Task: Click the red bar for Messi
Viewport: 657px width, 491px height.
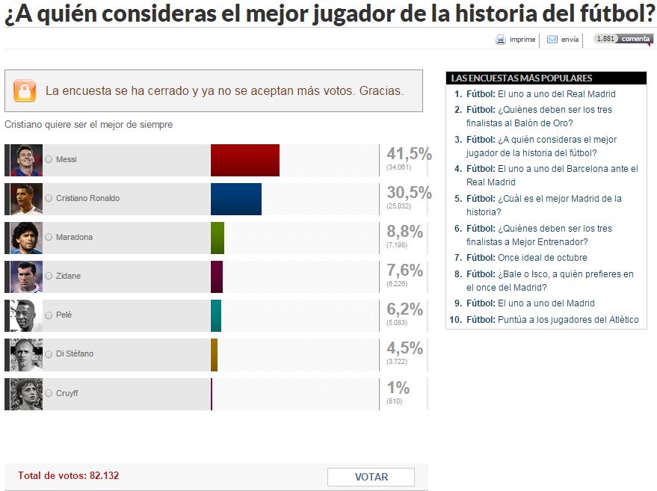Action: click(x=244, y=160)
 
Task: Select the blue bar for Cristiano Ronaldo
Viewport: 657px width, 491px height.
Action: click(x=235, y=199)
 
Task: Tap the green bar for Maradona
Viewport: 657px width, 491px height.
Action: click(x=218, y=238)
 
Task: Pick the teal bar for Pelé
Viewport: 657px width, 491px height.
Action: click(x=216, y=315)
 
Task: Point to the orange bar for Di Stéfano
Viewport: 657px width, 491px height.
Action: click(x=214, y=354)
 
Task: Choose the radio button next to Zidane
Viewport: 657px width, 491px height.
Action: click(x=49, y=277)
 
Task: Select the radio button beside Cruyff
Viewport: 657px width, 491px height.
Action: click(x=49, y=393)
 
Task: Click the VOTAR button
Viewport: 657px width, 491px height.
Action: click(x=371, y=477)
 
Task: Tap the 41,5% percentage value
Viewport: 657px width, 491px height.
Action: click(x=409, y=154)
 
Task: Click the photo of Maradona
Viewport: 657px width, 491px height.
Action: click(x=26, y=238)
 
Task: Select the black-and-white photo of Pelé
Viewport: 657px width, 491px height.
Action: click(x=26, y=315)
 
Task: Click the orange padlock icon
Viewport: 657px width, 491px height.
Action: click(x=25, y=91)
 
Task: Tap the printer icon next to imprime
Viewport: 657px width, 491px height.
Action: click(x=501, y=40)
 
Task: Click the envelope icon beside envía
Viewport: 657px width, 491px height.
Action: click(x=552, y=40)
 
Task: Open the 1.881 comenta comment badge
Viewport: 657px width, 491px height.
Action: click(x=623, y=39)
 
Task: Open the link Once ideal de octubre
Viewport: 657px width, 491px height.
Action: click(x=542, y=258)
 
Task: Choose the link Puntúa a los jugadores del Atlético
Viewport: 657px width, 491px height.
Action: click(x=568, y=320)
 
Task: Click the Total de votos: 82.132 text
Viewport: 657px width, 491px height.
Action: click(x=69, y=475)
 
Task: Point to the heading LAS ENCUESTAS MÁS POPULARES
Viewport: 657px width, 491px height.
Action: click(x=522, y=78)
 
